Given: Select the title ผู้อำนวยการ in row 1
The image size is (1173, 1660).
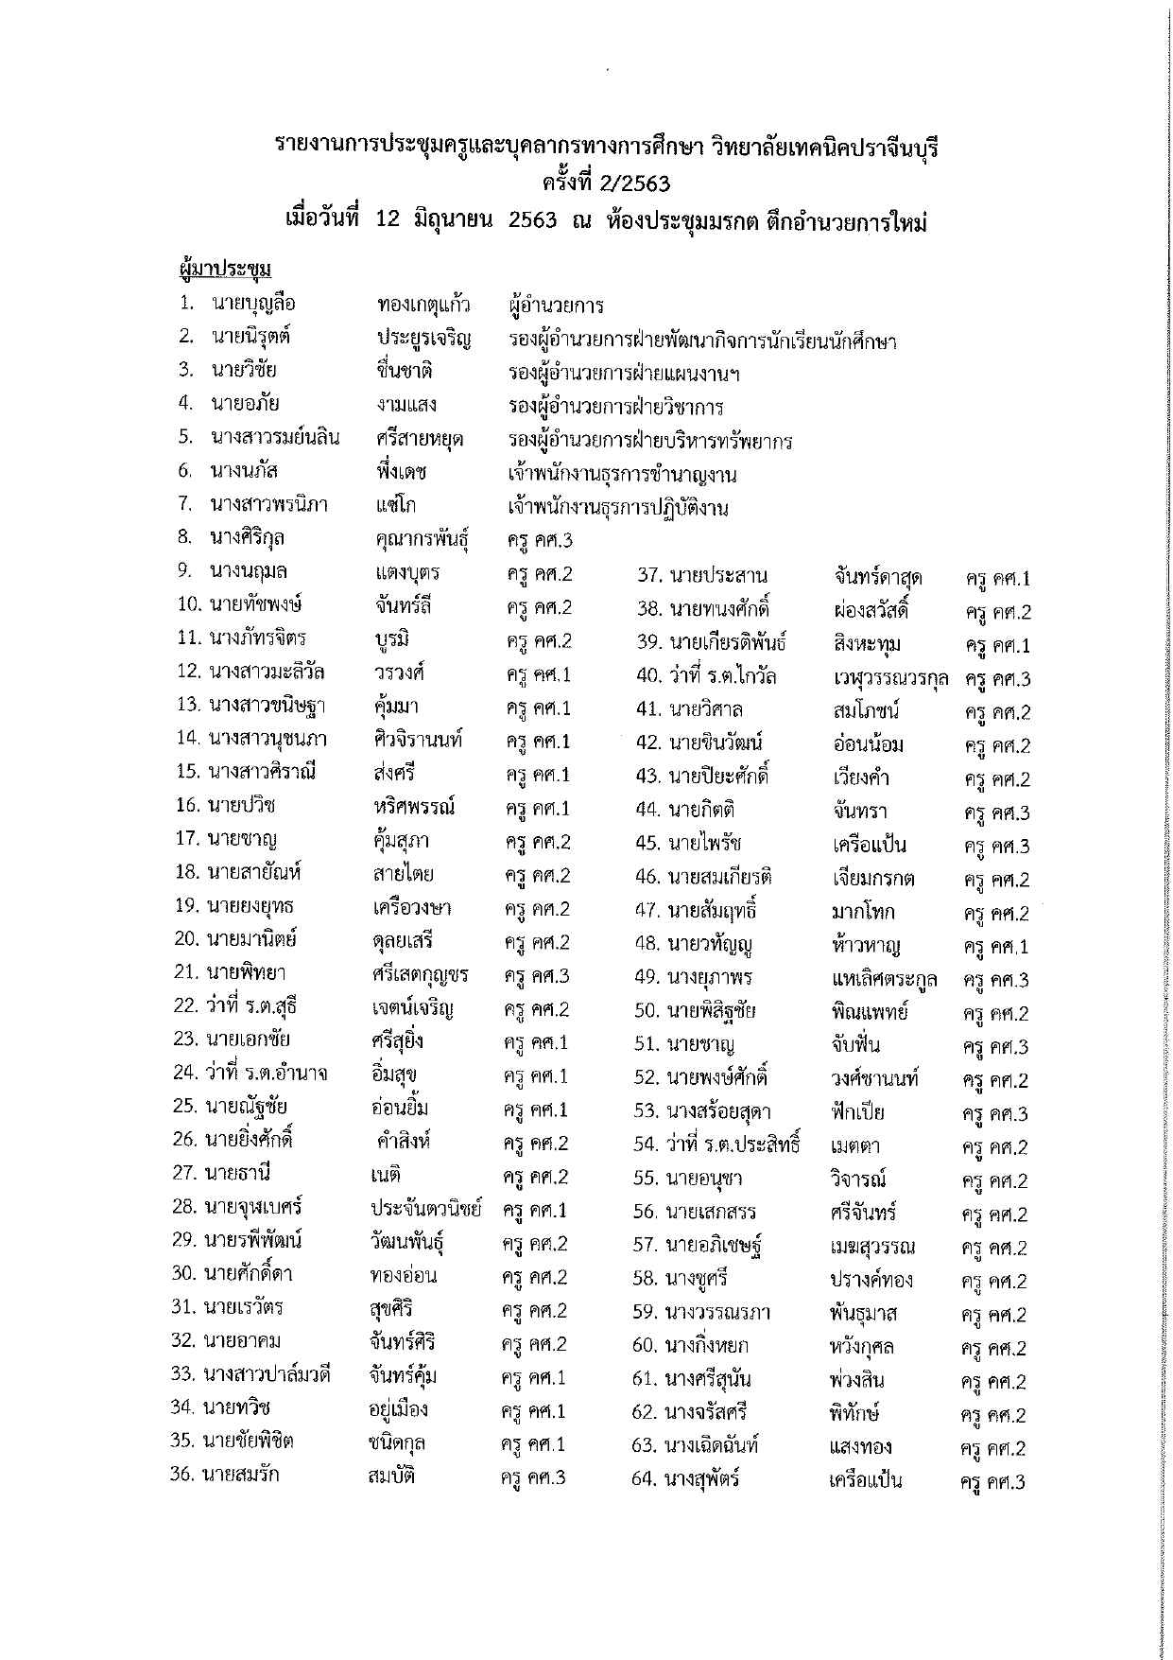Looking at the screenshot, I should (555, 306).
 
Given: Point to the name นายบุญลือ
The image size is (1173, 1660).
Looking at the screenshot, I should (253, 304).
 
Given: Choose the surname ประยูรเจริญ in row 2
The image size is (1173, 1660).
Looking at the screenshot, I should (424, 338).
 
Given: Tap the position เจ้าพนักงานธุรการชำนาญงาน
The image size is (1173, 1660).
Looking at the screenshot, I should (622, 474).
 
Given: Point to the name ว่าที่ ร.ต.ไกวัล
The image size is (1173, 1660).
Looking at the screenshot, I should (722, 676).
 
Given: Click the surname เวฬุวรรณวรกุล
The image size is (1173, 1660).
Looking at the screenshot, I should (891, 678).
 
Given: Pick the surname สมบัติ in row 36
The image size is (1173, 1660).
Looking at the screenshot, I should (391, 1476).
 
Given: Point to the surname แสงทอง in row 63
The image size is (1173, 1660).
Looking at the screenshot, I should (860, 1446).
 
